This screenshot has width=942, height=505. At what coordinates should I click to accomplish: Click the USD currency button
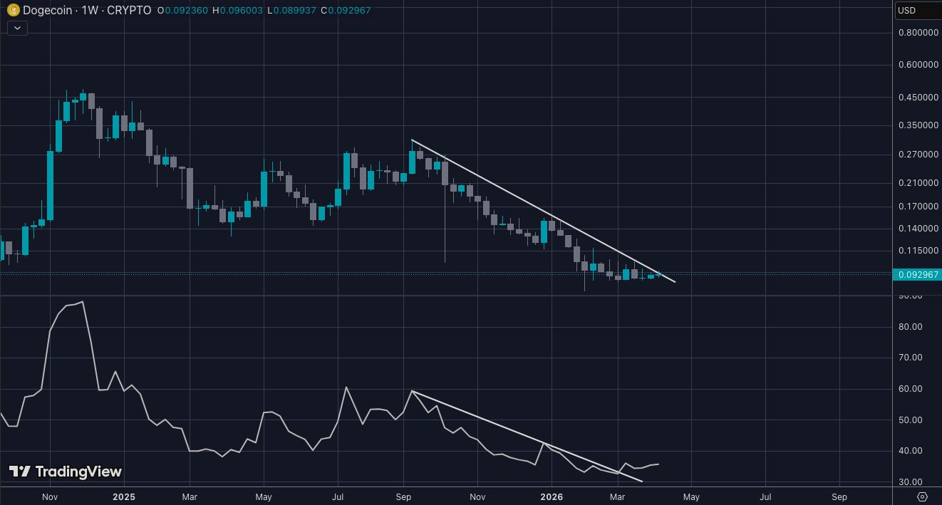coord(916,10)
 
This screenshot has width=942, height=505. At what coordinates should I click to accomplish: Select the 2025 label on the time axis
coord(124,496)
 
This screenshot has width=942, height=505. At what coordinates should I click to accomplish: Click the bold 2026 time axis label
coord(552,496)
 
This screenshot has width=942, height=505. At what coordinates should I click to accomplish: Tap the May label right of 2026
coord(690,496)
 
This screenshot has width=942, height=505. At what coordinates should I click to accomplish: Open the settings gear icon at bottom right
coord(922,496)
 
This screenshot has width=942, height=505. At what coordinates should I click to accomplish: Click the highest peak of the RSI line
coord(83,302)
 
